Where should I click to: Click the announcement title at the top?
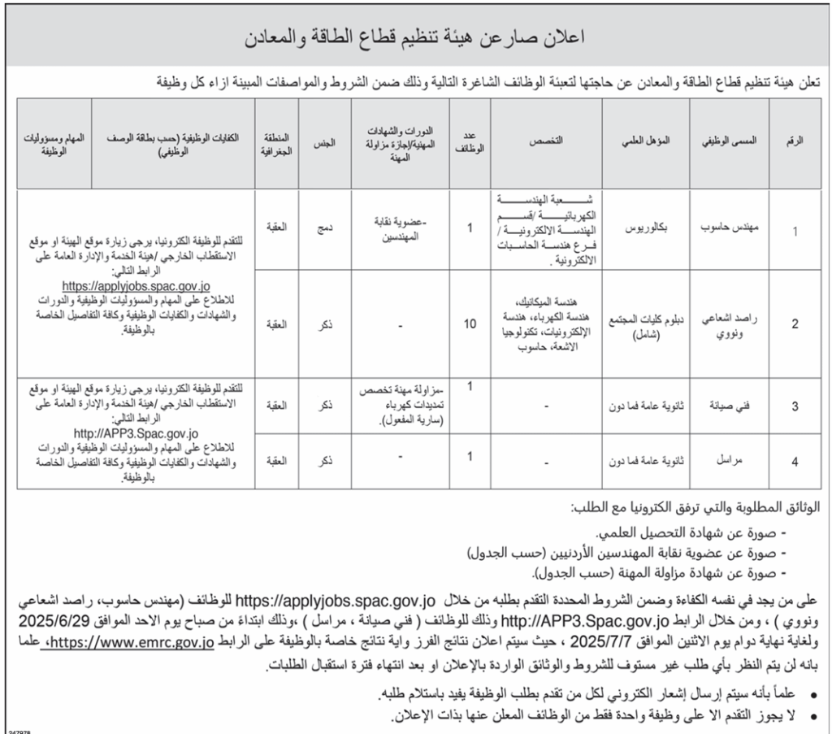(415, 38)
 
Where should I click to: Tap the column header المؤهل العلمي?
(651, 141)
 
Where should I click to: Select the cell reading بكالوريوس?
(651, 230)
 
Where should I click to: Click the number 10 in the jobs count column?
(470, 324)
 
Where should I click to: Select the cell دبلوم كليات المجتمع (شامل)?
(651, 324)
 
